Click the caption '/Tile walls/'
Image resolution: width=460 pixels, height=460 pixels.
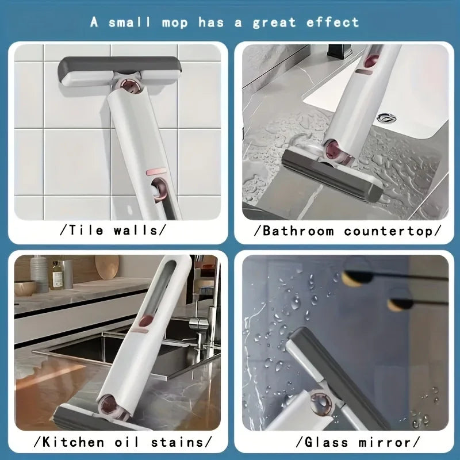click(113, 231)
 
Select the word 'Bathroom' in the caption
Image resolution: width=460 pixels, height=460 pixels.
click(298, 231)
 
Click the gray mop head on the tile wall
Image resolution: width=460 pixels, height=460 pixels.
click(119, 69)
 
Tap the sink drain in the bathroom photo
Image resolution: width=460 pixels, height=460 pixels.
click(386, 118)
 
